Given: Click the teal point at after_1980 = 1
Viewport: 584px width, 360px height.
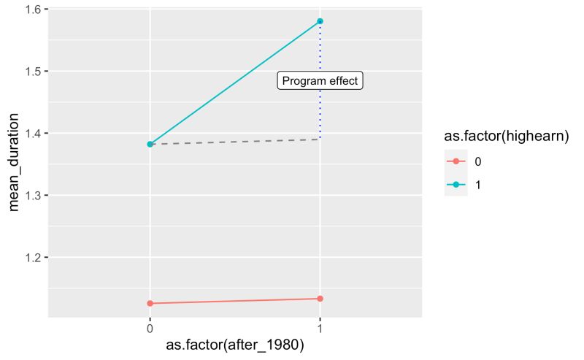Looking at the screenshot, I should tap(320, 21).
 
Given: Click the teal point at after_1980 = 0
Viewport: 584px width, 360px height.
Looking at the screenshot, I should tap(150, 145).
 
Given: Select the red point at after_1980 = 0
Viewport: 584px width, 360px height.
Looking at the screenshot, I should tap(150, 303).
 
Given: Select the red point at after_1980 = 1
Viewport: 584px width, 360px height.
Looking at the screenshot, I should tap(320, 299).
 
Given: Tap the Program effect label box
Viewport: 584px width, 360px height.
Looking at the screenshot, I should tap(320, 81).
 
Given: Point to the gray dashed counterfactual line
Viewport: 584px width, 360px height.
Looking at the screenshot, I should tap(234, 142).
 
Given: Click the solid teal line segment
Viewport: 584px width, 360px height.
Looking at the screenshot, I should tap(234, 83).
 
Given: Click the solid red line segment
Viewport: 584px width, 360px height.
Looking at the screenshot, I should tap(234, 301).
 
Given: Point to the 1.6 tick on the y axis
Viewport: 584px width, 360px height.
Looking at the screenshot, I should tap(33, 9).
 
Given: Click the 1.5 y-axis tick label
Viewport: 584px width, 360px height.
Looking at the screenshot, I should tap(33, 72).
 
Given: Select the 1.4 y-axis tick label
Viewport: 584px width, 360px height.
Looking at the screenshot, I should tap(33, 134).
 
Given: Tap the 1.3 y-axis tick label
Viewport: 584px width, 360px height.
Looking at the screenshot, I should tap(33, 196).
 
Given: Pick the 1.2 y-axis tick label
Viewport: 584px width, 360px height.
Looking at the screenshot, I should tap(33, 258).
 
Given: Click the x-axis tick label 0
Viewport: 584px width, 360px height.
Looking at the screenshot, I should tap(150, 329).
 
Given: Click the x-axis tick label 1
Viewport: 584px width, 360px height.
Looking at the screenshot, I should tap(320, 329).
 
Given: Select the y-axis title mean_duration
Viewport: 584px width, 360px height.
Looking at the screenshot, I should tap(13, 164).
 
